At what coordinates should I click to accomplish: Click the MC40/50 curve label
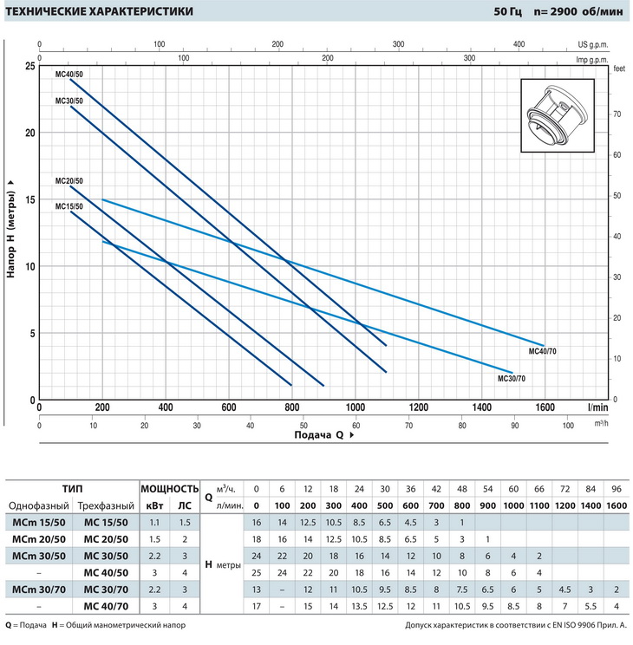coord(69,75)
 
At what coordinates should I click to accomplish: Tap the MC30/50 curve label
coord(69,101)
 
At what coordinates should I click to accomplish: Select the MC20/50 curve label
coord(69,181)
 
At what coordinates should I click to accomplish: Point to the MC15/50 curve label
coord(69,206)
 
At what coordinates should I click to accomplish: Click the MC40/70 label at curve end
coord(542,352)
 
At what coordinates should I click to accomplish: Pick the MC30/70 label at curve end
coord(511,379)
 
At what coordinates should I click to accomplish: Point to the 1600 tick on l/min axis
coord(545,407)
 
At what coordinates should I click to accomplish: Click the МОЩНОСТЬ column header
coord(169,489)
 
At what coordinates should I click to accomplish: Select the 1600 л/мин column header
coord(615,506)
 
